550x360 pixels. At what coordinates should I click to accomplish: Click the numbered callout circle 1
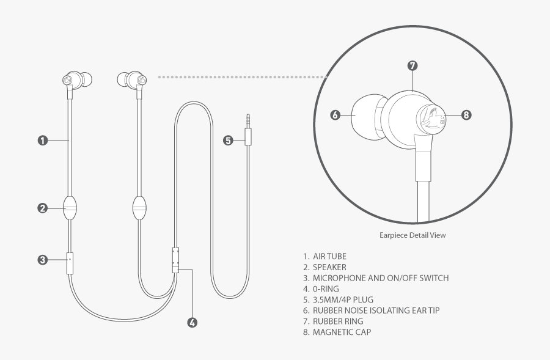point(43,141)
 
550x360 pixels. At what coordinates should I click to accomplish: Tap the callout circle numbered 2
point(43,208)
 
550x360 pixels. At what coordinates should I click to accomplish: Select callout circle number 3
point(43,260)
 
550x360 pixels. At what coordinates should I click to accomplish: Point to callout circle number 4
point(192,323)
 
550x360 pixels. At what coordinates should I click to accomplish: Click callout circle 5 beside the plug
point(228,141)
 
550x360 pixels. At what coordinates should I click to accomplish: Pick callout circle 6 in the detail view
point(335,114)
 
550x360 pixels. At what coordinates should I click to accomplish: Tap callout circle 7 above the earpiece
point(413,65)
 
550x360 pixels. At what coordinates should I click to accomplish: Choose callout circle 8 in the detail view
point(466,114)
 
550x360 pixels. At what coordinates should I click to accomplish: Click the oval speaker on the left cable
point(70,208)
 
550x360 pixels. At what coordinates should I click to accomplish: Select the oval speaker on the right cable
point(140,208)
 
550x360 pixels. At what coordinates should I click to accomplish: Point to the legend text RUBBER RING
point(337,321)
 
